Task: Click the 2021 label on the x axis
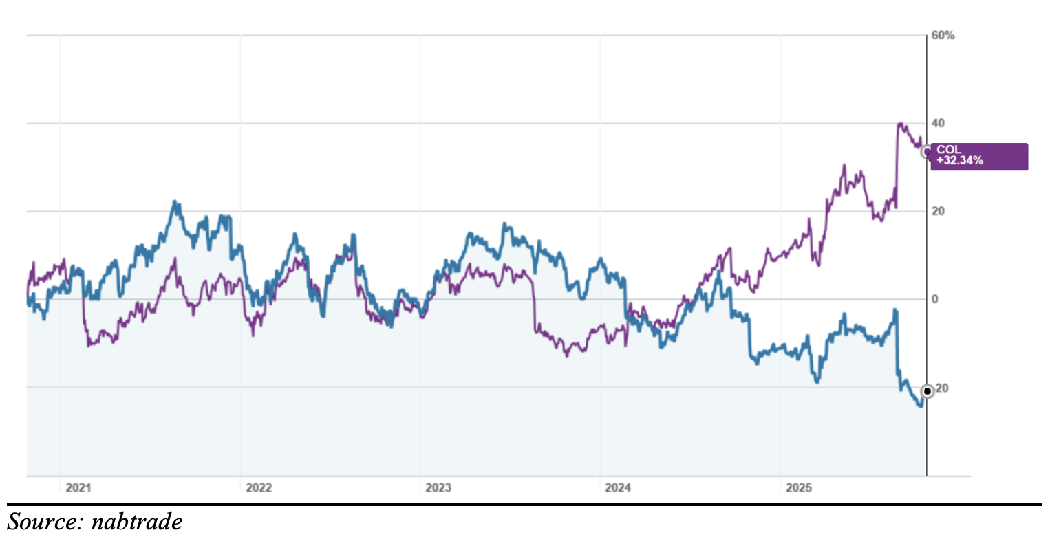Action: coord(78,488)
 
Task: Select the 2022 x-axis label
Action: coord(259,488)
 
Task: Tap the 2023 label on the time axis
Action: coord(438,488)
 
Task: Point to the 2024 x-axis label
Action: coord(618,488)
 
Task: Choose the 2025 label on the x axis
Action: coord(799,488)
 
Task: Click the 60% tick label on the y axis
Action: coord(943,36)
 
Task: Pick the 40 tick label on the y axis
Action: coord(939,124)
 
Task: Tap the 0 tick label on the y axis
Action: coord(935,299)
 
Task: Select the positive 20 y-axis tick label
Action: coord(939,211)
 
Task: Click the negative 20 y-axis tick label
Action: coord(941,388)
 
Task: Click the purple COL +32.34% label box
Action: coord(978,156)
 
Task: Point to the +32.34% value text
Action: coord(960,161)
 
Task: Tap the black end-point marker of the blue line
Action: coord(927,391)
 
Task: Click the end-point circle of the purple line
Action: coord(927,152)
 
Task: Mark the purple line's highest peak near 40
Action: coord(900,124)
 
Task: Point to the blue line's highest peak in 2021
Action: coord(175,202)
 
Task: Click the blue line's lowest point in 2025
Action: coord(920,406)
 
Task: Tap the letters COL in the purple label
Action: coord(947,150)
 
